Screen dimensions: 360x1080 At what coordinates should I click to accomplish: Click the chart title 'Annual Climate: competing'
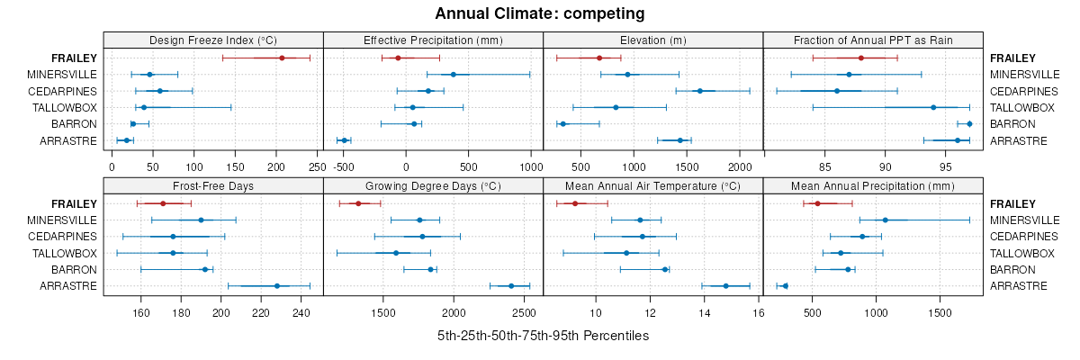click(540, 13)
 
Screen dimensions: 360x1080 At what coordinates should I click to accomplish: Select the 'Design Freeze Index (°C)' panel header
click(213, 40)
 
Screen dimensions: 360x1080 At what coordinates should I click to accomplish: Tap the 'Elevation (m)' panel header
click(653, 40)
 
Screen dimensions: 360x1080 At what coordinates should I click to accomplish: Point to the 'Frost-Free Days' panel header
click(213, 185)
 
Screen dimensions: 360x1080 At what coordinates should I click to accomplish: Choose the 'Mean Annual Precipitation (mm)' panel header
click(873, 185)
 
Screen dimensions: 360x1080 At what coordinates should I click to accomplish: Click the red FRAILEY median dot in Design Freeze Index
click(282, 58)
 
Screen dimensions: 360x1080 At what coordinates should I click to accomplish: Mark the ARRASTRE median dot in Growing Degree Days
click(511, 286)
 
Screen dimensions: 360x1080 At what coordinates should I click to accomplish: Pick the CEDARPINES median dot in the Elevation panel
click(699, 91)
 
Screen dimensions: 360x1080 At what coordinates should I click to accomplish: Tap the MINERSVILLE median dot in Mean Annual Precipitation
click(885, 220)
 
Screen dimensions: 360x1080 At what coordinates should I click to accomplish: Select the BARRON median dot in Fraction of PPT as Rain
click(969, 123)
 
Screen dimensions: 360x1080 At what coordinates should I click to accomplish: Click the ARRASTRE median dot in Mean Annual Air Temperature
click(725, 286)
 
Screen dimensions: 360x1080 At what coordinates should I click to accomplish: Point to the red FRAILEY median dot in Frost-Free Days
click(163, 203)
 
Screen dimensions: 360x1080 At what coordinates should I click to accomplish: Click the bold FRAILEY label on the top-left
click(74, 58)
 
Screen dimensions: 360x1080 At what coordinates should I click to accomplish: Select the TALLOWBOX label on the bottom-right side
click(1022, 253)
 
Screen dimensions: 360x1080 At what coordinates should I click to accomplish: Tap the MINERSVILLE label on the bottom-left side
click(62, 220)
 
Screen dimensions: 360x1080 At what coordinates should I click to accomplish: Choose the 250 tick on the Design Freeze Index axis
click(317, 166)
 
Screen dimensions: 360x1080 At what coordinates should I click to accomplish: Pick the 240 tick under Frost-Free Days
click(301, 313)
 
